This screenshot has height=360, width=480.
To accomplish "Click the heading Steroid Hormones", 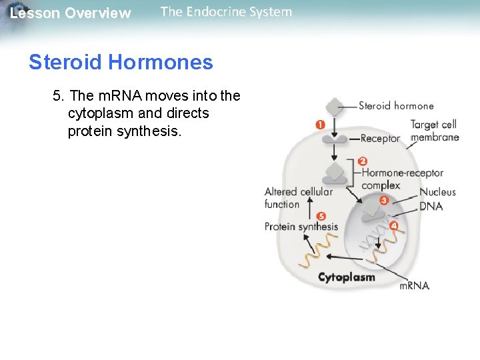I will point(121,63).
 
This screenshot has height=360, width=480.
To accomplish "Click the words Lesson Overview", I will point(71,13).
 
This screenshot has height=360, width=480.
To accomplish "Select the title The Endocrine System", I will point(226,12).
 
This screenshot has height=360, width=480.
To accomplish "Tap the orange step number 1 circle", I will point(320,125).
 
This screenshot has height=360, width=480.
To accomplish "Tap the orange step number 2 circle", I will point(363,161).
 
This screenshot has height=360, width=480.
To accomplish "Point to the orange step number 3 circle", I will point(384,200).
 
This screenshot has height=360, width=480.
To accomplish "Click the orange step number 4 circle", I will point(394,225).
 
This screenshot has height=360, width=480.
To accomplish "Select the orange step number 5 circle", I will point(321,216).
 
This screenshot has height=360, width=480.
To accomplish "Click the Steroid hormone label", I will point(396,105).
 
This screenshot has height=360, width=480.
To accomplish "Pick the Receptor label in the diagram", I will point(380,139).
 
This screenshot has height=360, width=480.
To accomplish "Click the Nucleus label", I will point(437,192).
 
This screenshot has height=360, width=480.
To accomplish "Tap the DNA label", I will point(431,207).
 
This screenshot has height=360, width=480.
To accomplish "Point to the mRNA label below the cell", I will point(414,285).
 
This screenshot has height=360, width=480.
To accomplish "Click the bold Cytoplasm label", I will point(347,277).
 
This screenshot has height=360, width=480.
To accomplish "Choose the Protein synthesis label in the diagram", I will point(301,227).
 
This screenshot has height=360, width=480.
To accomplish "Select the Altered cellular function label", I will point(298,198).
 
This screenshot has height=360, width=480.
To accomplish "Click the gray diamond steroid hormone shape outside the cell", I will point(335,105).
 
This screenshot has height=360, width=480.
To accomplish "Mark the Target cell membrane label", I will point(435,131).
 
